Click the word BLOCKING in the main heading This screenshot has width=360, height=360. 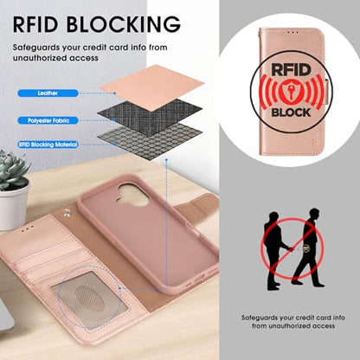click(x=124, y=24)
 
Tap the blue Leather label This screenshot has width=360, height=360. click(x=48, y=93)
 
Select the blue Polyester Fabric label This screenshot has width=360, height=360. click(x=48, y=120)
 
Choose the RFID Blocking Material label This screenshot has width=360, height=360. click(x=48, y=145)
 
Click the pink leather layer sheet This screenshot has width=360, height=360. click(x=151, y=87)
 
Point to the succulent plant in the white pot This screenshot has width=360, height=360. click(x=13, y=170)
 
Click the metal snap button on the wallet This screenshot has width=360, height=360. click(x=67, y=213)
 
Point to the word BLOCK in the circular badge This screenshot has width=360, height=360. click(x=291, y=112)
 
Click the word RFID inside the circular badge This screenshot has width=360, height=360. click(x=291, y=70)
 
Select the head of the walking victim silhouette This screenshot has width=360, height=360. click(x=314, y=214)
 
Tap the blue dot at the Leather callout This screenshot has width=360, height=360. click(x=114, y=93)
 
